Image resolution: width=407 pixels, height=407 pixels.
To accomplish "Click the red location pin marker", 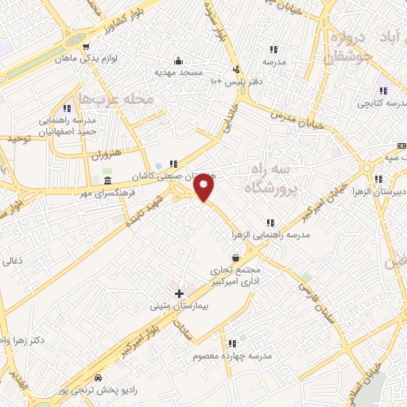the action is (204, 188).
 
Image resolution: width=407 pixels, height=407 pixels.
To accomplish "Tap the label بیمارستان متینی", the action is (180, 305).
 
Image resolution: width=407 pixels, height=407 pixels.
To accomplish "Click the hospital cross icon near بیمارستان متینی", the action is (179, 293).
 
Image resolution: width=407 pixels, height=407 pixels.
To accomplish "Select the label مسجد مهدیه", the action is (180, 72).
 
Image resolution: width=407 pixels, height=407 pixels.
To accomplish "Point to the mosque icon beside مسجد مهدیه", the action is (179, 60).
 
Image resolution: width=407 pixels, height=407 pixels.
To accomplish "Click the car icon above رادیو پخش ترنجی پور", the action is (98, 378).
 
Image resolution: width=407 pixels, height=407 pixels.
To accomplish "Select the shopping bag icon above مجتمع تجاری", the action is (235, 258).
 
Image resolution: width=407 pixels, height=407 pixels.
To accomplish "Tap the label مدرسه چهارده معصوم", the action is (227, 356).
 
